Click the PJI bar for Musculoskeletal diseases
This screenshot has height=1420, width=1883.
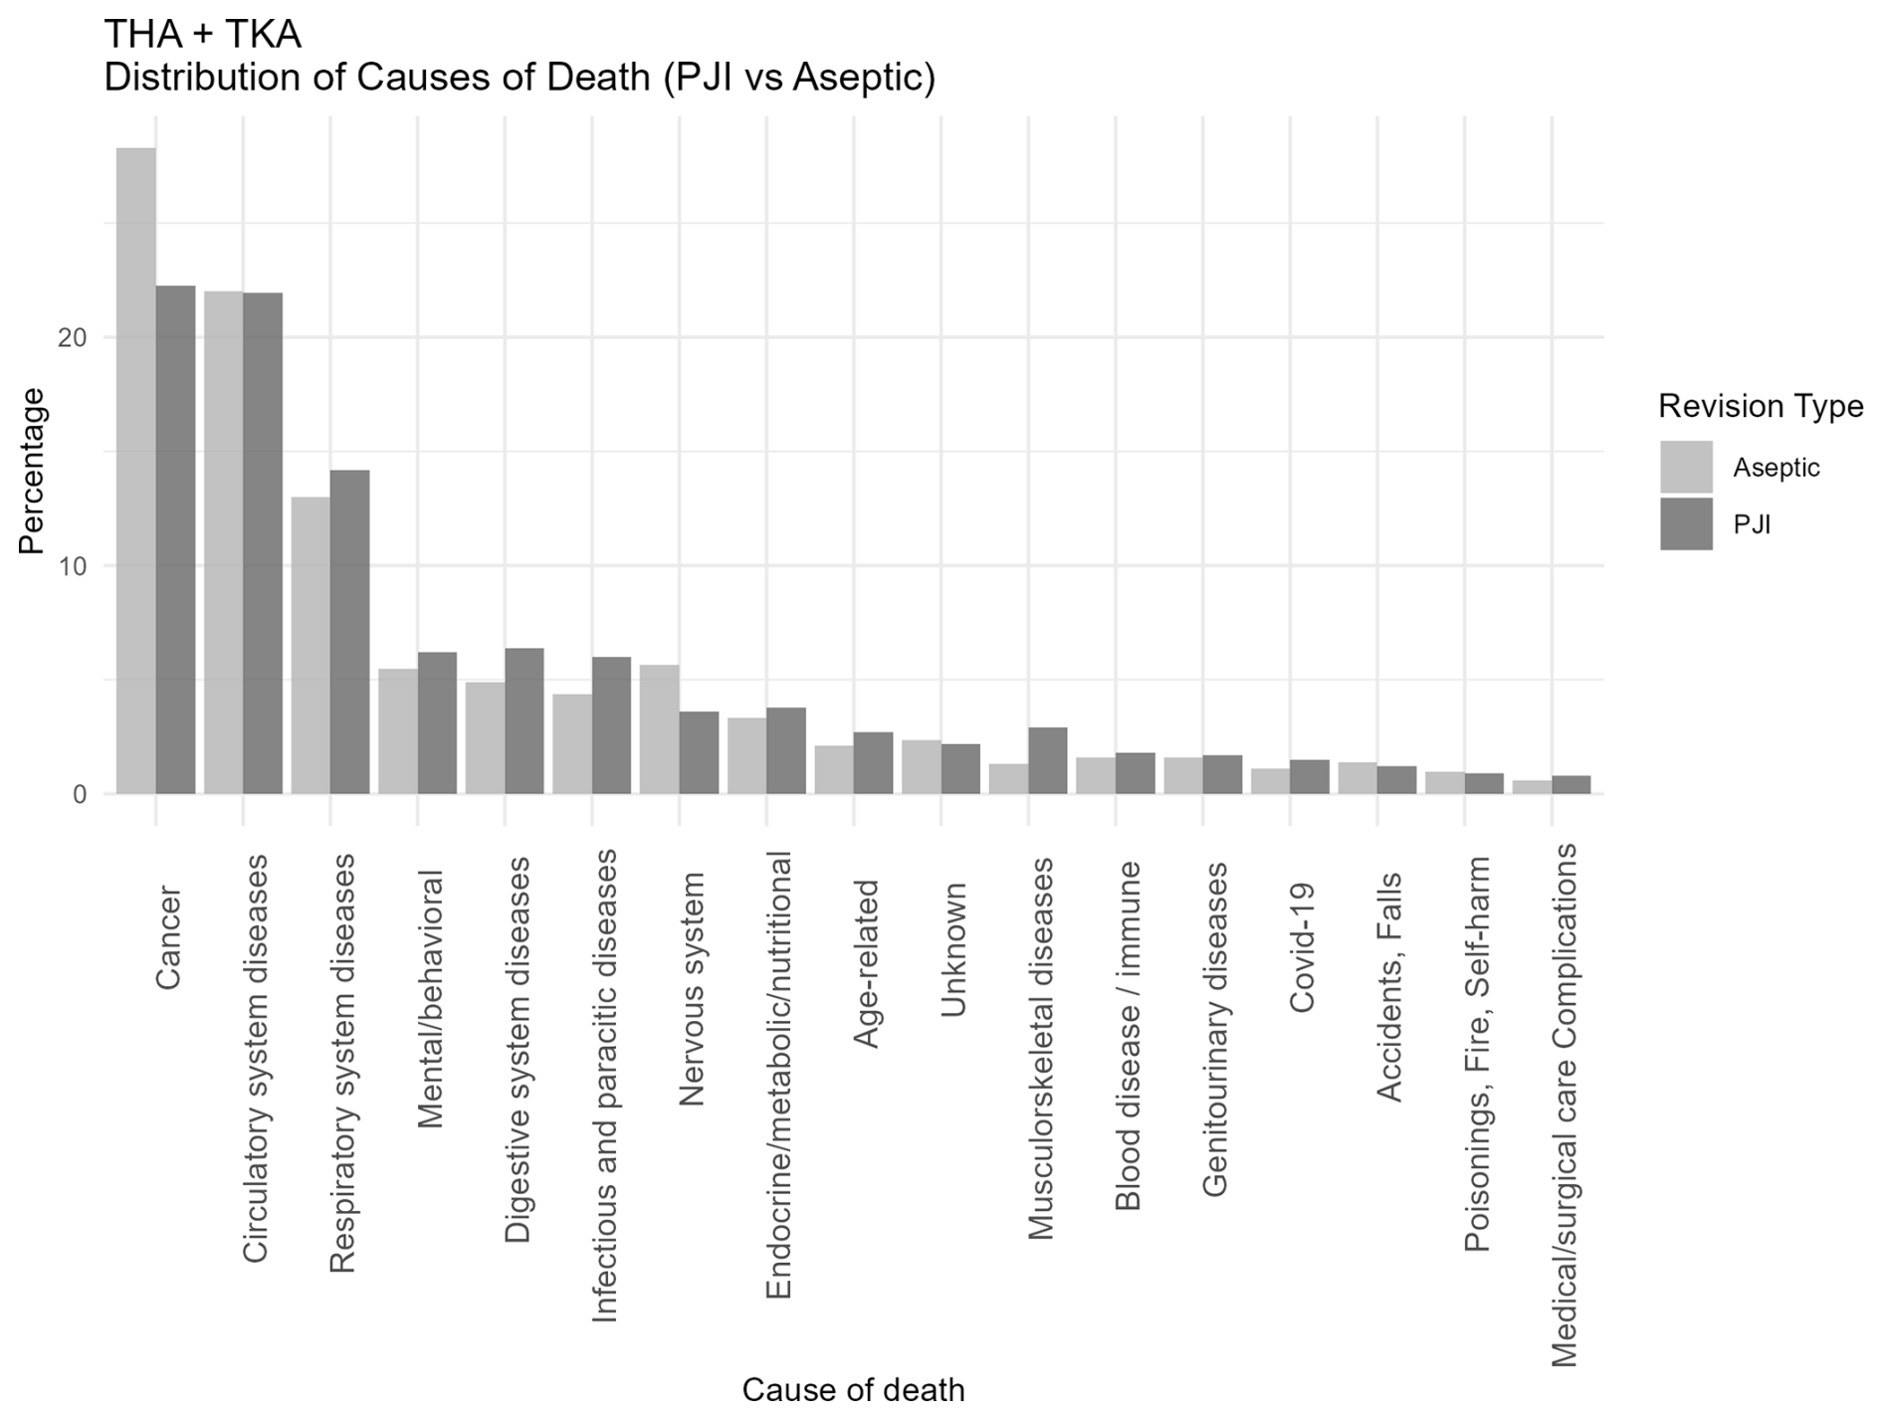click(1048, 761)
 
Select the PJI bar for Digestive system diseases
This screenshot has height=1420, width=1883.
click(524, 721)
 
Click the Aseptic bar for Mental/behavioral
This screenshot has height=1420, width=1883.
click(398, 731)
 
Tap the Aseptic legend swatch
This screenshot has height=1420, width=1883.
click(1686, 467)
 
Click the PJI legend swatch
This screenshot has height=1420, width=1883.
click(1686, 524)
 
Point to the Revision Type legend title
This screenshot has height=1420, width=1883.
click(1760, 406)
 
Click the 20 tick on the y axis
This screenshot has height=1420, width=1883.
click(73, 337)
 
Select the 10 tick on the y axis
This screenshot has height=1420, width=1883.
click(73, 566)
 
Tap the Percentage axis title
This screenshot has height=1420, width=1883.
click(32, 471)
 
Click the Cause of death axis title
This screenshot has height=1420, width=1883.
click(853, 1389)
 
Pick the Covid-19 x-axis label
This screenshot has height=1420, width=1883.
click(1303, 947)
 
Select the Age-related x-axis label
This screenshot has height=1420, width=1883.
click(866, 963)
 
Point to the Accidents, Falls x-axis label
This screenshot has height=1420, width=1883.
click(1389, 987)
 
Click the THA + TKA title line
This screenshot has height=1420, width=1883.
click(203, 35)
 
